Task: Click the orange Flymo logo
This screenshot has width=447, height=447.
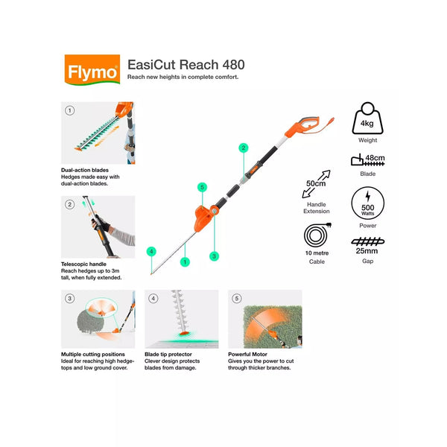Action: click(x=91, y=72)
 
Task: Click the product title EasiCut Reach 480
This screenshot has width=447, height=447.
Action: click(x=186, y=65)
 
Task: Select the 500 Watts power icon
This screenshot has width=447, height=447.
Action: click(x=367, y=202)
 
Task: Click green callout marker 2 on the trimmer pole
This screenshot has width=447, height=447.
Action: click(x=242, y=148)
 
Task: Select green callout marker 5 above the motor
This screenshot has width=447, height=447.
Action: click(x=201, y=187)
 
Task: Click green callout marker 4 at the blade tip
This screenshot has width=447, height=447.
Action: click(x=151, y=251)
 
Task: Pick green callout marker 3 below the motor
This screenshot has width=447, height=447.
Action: click(x=215, y=256)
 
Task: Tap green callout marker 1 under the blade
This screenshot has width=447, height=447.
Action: click(x=183, y=261)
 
